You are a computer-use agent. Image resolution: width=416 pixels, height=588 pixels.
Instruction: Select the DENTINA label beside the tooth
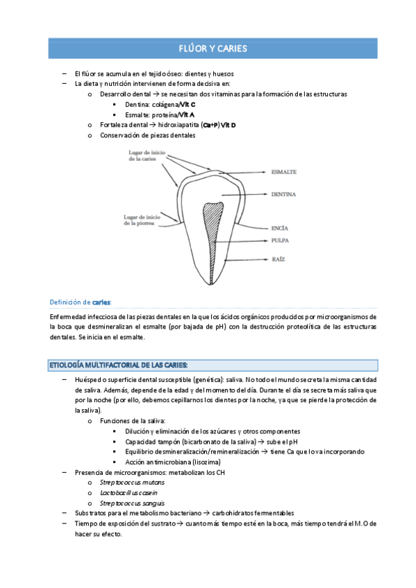(x=284, y=195)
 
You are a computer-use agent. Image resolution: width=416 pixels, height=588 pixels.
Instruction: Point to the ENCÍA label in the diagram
(x=280, y=227)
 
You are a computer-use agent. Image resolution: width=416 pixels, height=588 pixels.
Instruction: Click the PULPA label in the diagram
(x=281, y=240)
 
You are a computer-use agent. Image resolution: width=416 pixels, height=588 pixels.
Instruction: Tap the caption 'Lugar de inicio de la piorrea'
(x=142, y=219)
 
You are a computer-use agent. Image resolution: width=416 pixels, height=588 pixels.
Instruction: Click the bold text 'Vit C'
(x=187, y=104)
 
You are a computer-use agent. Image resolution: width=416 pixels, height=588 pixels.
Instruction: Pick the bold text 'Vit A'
(x=186, y=114)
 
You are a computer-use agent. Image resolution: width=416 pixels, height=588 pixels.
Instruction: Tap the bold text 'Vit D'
(x=228, y=125)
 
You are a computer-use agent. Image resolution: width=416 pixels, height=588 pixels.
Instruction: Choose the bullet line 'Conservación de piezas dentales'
(x=147, y=135)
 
